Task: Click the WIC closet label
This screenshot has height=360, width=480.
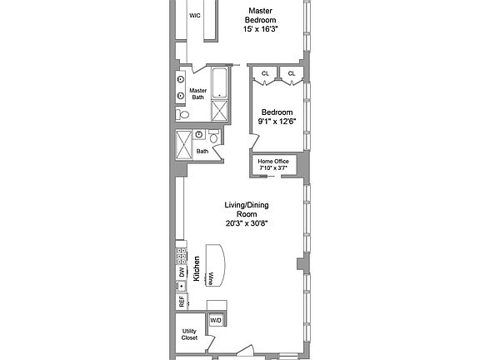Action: pos(195,15)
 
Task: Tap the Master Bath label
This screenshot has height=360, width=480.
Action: pos(197,94)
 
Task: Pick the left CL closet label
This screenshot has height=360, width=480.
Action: pos(266,74)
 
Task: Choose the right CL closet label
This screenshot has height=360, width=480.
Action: pos(292,74)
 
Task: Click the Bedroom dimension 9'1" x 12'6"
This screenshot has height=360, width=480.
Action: pos(277,122)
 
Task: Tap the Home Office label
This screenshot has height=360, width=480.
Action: pos(272,161)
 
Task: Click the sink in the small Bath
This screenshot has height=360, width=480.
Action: pos(199,134)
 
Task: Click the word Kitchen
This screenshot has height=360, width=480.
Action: pos(197,268)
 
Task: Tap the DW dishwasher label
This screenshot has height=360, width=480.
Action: pos(181,272)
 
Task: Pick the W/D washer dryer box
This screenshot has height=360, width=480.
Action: pos(215,320)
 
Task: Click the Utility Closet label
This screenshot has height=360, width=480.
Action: pos(190,334)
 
